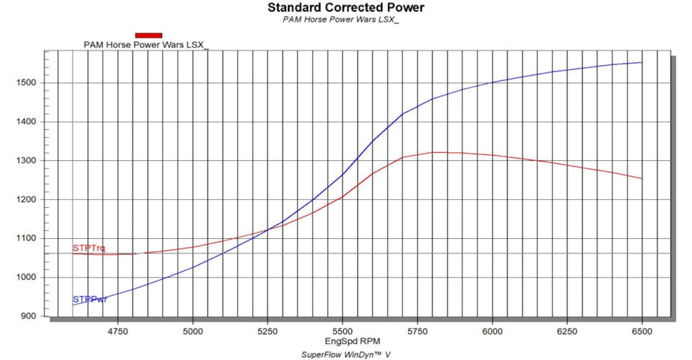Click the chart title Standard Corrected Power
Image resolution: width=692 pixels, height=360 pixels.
[346, 7]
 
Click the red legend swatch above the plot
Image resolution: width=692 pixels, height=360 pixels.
[148, 35]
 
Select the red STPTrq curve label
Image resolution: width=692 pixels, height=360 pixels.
[89, 248]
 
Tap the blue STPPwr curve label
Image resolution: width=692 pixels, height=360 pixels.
[89, 299]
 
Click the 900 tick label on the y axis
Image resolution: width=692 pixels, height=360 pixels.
[29, 317]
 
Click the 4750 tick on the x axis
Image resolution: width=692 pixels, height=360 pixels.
[118, 331]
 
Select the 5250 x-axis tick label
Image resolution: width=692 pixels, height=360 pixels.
[268, 331]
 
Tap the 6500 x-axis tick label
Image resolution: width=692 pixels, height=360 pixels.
[642, 331]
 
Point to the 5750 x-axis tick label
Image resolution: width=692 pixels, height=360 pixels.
[418, 331]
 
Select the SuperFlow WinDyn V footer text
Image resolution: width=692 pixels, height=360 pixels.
[346, 354]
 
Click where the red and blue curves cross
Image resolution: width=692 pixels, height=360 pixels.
[268, 230]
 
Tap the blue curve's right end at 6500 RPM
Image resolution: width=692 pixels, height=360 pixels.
[642, 62]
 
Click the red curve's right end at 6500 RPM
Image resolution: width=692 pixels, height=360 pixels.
[642, 178]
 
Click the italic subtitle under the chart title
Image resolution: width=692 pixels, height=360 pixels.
[341, 19]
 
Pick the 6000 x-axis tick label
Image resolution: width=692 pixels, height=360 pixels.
[492, 331]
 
